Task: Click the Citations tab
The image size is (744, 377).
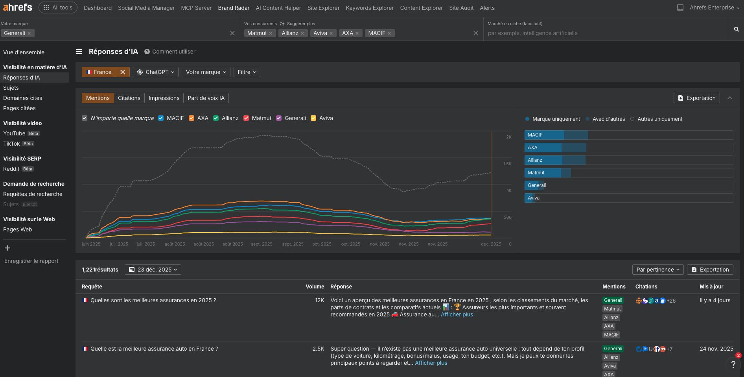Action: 129,98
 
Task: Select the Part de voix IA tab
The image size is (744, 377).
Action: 206,98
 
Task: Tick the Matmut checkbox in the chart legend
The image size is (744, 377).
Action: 246,118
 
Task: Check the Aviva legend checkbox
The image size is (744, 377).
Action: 313,118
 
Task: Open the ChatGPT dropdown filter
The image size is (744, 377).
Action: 156,72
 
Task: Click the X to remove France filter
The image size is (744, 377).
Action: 123,72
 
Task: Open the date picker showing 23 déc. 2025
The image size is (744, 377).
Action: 153,270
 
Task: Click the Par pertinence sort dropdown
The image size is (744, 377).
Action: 657,270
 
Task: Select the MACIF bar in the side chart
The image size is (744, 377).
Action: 556,135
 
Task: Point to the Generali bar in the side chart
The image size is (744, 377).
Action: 534,185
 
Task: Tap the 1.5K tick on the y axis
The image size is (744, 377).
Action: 507,164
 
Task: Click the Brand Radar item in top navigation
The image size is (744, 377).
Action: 234,8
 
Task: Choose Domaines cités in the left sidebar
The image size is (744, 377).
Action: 22,98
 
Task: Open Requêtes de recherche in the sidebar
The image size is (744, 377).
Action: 33,194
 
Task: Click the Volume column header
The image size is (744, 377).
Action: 315,286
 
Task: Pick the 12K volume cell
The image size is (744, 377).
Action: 319,300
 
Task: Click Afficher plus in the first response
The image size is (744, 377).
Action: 457,314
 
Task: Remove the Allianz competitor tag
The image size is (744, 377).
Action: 302,33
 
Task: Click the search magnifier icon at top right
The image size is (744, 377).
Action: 736,29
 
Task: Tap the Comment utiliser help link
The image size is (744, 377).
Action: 173,52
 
